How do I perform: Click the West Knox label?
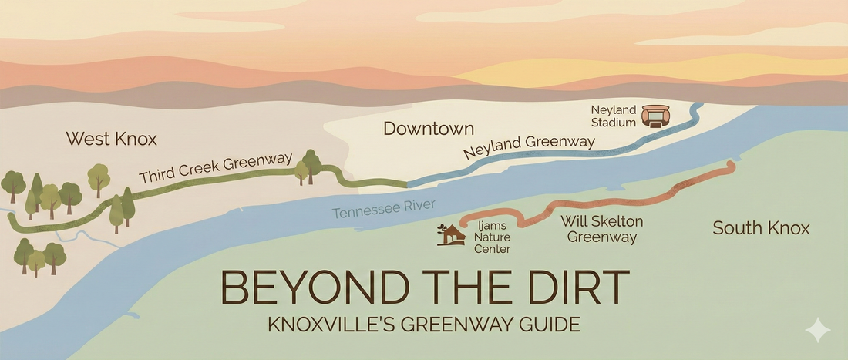pos(111,139)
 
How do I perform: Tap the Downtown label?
pos(429,128)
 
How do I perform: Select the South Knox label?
pos(761,228)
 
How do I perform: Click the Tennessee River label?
pos(384,208)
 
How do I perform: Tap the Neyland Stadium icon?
pos(657,116)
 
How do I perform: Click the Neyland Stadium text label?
pos(614,116)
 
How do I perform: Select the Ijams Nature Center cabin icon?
pos(449,234)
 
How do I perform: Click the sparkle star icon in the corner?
pos(818,331)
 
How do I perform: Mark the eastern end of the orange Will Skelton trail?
pos(730,165)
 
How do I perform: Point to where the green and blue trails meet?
pos(406,184)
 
